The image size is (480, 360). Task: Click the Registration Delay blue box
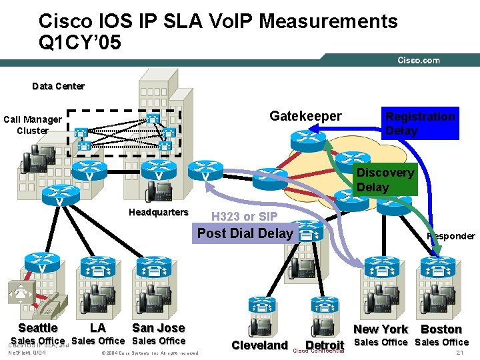[420, 123]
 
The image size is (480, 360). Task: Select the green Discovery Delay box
[385, 179]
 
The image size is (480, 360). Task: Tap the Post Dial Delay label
[245, 233]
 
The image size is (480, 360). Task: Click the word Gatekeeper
[305, 117]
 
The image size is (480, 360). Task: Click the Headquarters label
[158, 212]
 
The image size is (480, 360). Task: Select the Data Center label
[59, 86]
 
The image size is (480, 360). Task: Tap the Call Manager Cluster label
[33, 125]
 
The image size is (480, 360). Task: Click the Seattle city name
[38, 327]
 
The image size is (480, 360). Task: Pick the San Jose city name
[158, 327]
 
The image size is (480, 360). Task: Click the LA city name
[97, 327]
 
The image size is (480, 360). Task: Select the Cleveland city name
[259, 345]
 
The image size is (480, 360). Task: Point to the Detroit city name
[325, 345]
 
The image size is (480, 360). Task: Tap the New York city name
[380, 329]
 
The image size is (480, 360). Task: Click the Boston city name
[441, 329]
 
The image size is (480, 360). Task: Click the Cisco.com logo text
[419, 60]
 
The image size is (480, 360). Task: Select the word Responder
[451, 236]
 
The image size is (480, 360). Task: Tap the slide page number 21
[459, 353]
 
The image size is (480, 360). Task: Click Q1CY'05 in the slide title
[80, 43]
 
